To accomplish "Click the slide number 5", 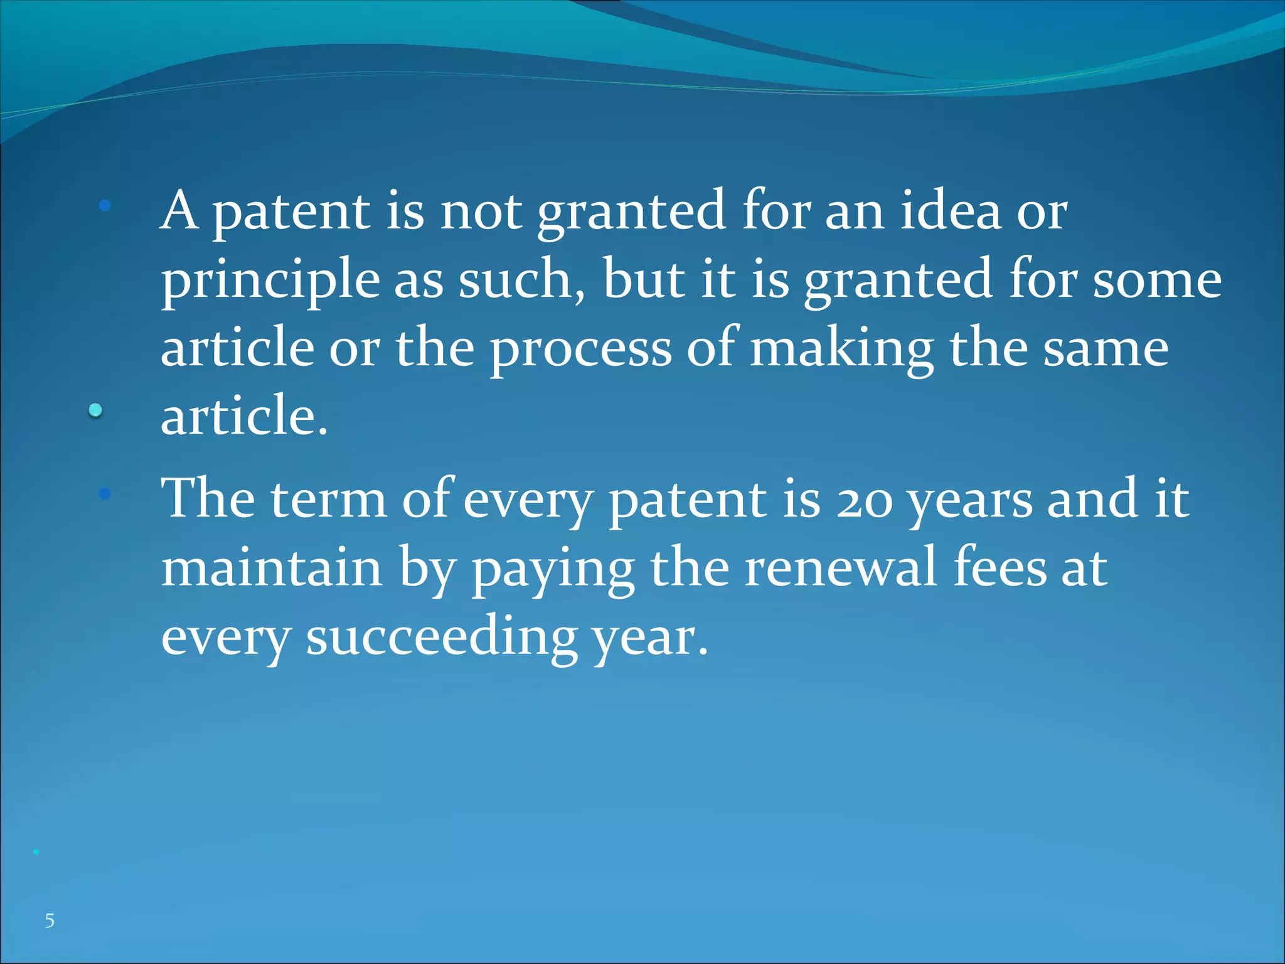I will point(50,921).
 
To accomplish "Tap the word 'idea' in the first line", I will point(950,211).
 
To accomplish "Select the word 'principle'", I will point(270,281).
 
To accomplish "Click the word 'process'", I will point(580,350).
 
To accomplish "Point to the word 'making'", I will point(841,350).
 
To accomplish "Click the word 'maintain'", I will point(272,567).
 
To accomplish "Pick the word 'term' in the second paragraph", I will point(329,500).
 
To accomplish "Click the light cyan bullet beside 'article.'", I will point(95,411).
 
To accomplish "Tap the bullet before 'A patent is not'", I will point(105,205).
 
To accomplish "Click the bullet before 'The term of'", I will point(105,495).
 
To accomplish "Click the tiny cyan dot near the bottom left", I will point(36,852).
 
